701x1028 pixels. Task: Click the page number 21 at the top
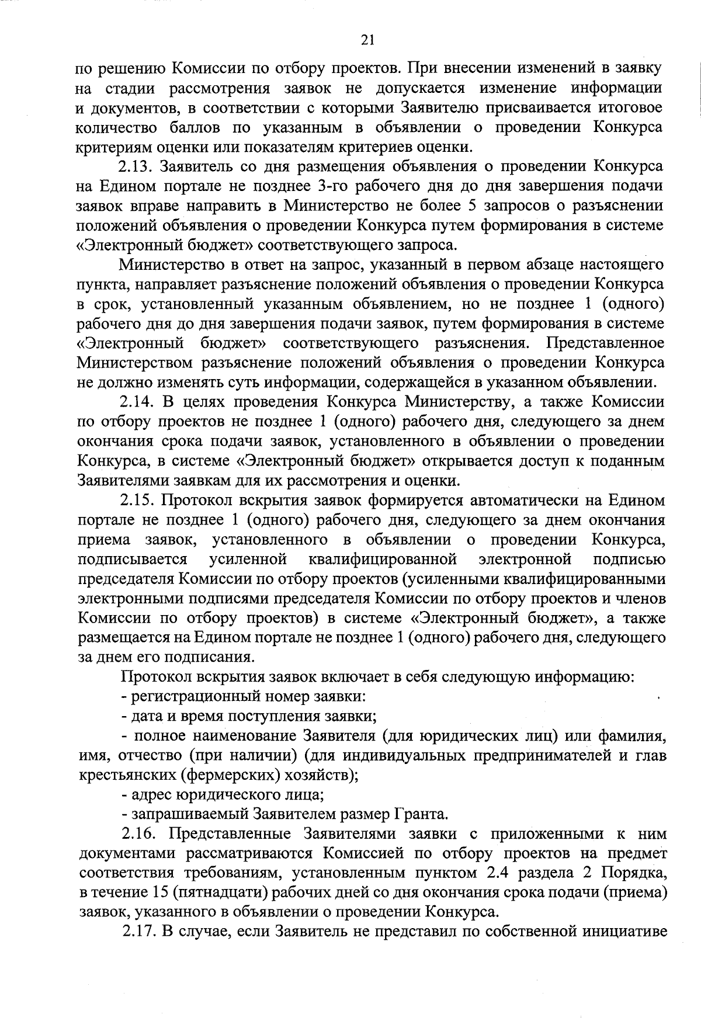[367, 40]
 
